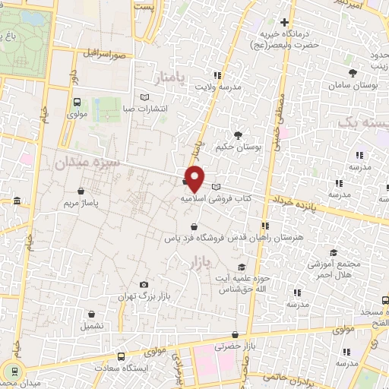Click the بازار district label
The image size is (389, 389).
pos(195,263)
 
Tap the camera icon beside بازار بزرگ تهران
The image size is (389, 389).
pos(144,285)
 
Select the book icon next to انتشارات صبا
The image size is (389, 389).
pos(145,96)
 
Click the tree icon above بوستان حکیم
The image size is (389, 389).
pos(239,135)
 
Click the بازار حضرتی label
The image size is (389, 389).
pos(232,346)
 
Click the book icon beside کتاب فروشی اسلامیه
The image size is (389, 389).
pos(217,186)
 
